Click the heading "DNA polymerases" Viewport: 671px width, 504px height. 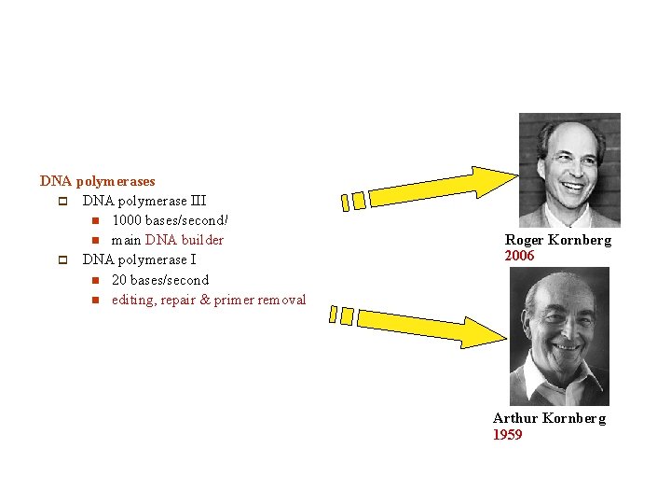pyautogui.click(x=98, y=181)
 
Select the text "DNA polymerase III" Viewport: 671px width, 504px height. pyautogui.click(x=144, y=201)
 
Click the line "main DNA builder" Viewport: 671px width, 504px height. pyautogui.click(x=168, y=240)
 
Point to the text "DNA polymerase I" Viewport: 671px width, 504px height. pyautogui.click(x=139, y=259)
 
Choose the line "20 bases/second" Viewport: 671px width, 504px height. pyautogui.click(x=160, y=280)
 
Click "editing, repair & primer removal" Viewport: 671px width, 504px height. pyautogui.click(x=209, y=300)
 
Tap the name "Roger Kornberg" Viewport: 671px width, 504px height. pyautogui.click(x=558, y=240)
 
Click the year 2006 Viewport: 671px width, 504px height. pyautogui.click(x=520, y=256)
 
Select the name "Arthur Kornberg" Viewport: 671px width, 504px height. pyautogui.click(x=549, y=418)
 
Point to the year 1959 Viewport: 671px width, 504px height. pyautogui.click(x=508, y=435)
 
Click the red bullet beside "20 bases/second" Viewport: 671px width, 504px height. pyautogui.click(x=95, y=280)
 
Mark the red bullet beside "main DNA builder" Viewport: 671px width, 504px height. pyautogui.click(x=95, y=241)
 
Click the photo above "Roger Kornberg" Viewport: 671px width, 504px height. pyautogui.click(x=569, y=170)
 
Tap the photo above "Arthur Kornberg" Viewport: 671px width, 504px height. pyautogui.click(x=559, y=336)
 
